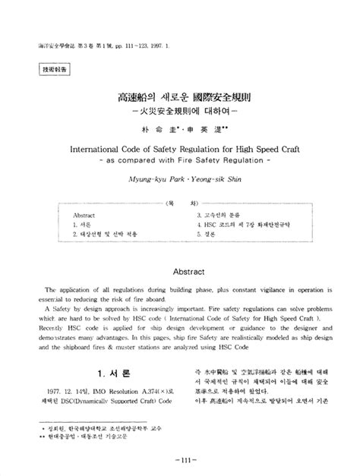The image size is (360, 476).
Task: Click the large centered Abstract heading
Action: click(x=180, y=270)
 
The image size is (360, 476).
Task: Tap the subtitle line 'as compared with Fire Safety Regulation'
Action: click(x=180, y=160)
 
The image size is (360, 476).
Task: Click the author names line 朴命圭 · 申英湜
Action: click(x=180, y=130)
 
